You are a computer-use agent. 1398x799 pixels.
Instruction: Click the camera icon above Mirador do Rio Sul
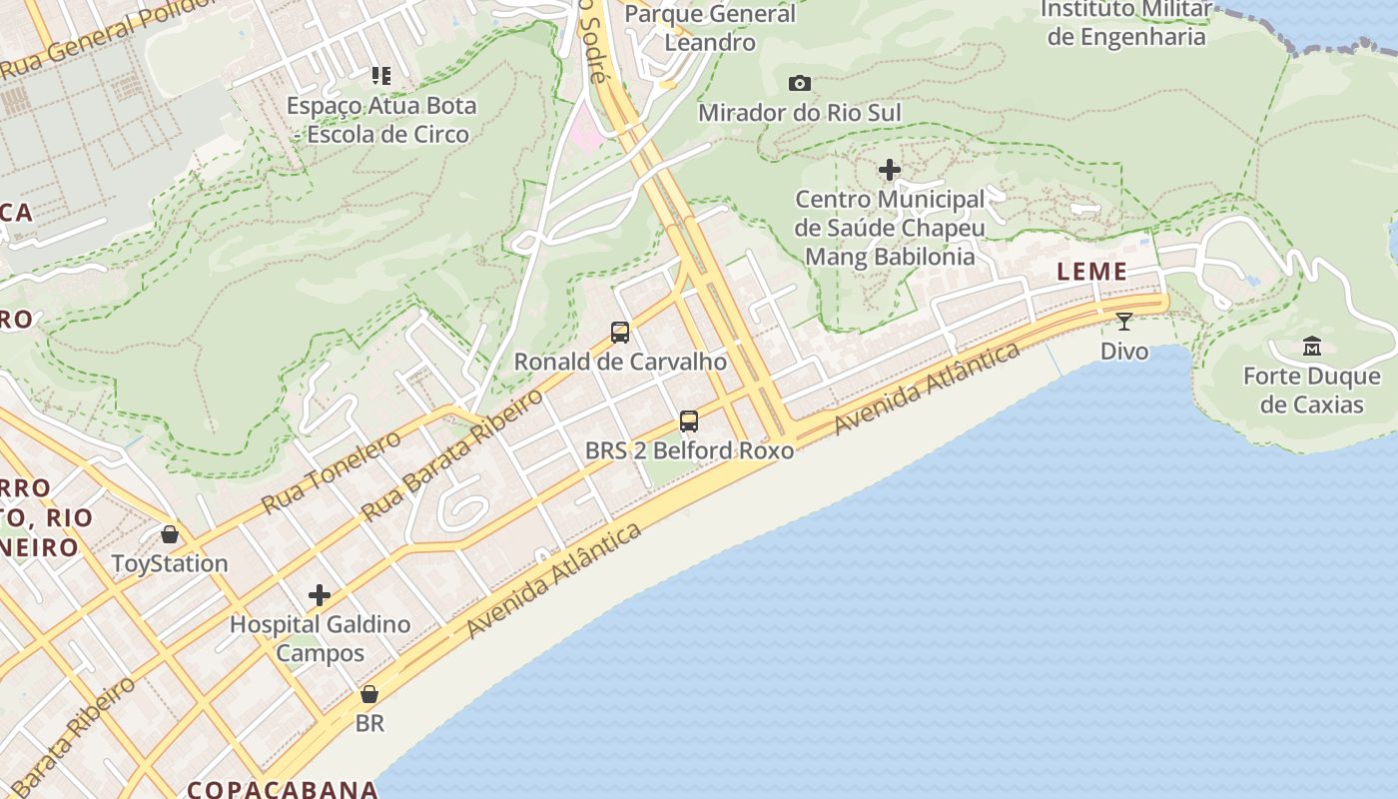click(x=799, y=84)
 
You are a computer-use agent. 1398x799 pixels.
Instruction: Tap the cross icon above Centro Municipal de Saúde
click(x=890, y=170)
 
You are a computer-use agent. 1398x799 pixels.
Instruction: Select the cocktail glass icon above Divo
click(x=1124, y=322)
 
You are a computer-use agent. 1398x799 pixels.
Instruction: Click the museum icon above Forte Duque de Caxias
click(x=1311, y=347)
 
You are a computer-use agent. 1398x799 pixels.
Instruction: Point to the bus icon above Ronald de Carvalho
click(x=620, y=333)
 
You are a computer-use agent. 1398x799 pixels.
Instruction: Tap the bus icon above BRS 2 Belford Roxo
click(x=689, y=421)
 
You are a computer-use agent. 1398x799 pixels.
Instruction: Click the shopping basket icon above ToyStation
click(x=170, y=534)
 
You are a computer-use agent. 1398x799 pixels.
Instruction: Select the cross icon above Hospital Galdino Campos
click(x=320, y=596)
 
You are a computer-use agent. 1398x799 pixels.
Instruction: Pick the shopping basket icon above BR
click(x=369, y=694)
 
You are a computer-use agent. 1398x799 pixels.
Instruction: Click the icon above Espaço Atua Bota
click(x=380, y=75)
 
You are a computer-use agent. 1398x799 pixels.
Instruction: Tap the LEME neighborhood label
click(x=1092, y=272)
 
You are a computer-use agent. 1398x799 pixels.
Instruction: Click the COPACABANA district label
click(x=283, y=789)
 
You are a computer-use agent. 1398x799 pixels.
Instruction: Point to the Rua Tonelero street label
click(x=330, y=472)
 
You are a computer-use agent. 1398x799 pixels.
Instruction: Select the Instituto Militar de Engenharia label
click(x=1126, y=23)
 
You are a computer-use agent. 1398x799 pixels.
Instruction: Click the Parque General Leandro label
click(x=710, y=28)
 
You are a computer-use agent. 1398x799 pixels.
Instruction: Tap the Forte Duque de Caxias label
click(x=1311, y=391)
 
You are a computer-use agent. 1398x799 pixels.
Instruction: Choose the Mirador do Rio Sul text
click(x=799, y=113)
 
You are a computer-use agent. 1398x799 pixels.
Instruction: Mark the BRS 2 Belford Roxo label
click(x=689, y=450)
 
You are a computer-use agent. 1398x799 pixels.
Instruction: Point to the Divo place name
click(x=1124, y=352)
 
